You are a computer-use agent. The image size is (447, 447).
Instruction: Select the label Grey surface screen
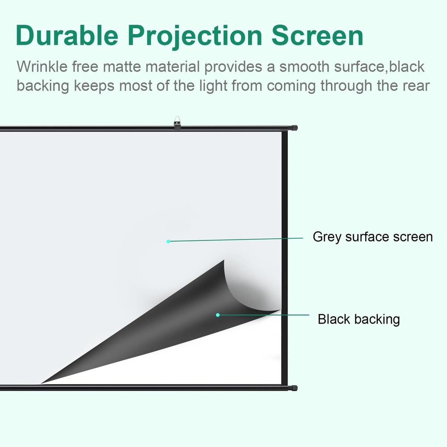[372, 236]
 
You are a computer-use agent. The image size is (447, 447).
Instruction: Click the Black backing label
[358, 319]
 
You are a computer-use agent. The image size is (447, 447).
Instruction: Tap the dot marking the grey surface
[169, 241]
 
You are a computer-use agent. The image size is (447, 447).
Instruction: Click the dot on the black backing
[218, 315]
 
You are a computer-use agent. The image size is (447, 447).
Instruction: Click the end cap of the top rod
[294, 128]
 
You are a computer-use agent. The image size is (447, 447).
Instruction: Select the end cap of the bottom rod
[294, 388]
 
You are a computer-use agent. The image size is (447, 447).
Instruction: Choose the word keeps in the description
[94, 85]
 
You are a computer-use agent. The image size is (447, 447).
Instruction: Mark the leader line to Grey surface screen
[237, 240]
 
